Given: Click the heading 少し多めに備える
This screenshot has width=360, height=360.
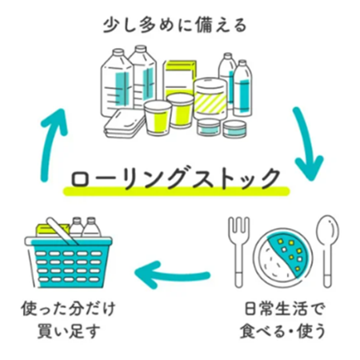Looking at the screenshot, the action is click(x=175, y=26).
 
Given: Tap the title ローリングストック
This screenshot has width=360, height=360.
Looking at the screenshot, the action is click(x=176, y=178).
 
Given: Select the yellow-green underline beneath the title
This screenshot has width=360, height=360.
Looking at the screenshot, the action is click(x=176, y=191).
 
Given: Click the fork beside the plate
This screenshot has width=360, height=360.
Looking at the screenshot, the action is click(x=239, y=252).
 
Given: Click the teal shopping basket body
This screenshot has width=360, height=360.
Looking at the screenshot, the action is click(x=69, y=264).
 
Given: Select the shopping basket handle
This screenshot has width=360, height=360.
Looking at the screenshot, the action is click(x=62, y=231).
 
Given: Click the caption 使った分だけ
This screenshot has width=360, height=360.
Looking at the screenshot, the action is click(x=68, y=309).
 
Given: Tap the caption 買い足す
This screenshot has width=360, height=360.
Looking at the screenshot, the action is click(x=69, y=330).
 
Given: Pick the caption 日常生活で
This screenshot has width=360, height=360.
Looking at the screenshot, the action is click(x=285, y=309).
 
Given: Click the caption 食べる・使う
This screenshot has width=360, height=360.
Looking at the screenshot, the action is click(x=283, y=330).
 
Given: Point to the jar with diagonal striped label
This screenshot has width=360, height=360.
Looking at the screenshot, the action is click(x=210, y=98).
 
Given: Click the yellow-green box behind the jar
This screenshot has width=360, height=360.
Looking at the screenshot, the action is click(x=179, y=78).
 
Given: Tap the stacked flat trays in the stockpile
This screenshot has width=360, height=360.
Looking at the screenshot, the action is click(x=124, y=123).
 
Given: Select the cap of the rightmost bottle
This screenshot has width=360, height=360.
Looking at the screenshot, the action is click(x=242, y=63).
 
